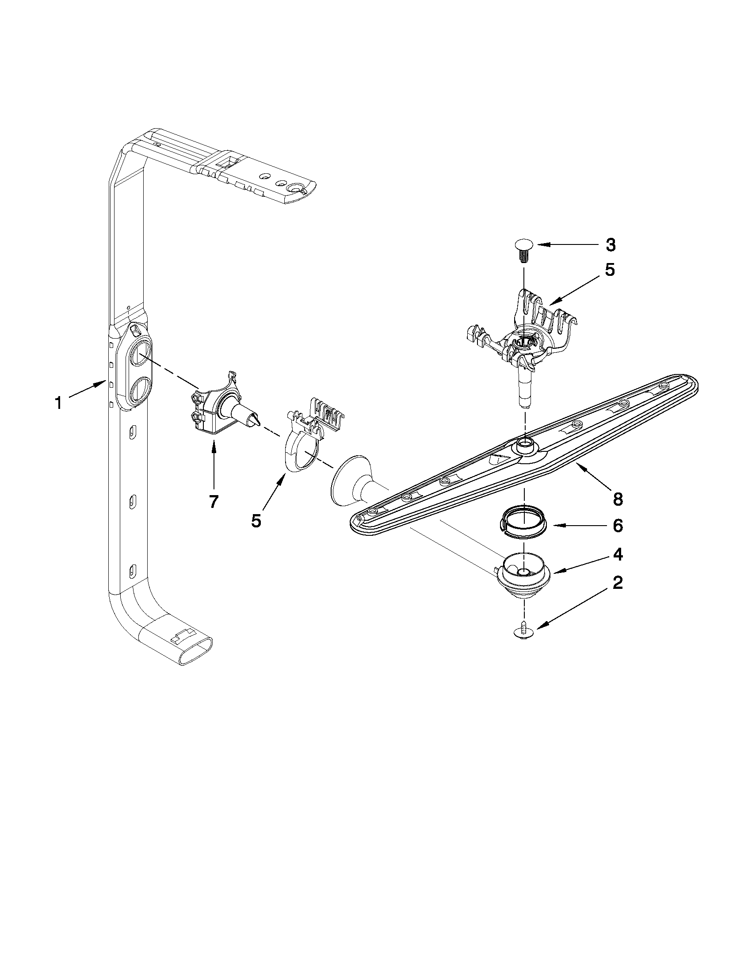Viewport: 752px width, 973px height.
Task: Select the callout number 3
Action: point(610,244)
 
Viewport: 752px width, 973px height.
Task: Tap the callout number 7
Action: point(214,502)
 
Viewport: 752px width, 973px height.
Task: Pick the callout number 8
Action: point(617,499)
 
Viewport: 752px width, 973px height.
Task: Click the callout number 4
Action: point(617,555)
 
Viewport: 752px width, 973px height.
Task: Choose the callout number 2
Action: point(617,583)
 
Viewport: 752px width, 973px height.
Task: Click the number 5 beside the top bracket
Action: point(610,270)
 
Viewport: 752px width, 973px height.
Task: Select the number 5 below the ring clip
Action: point(256,521)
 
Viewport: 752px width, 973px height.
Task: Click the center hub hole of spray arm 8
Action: point(526,443)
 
